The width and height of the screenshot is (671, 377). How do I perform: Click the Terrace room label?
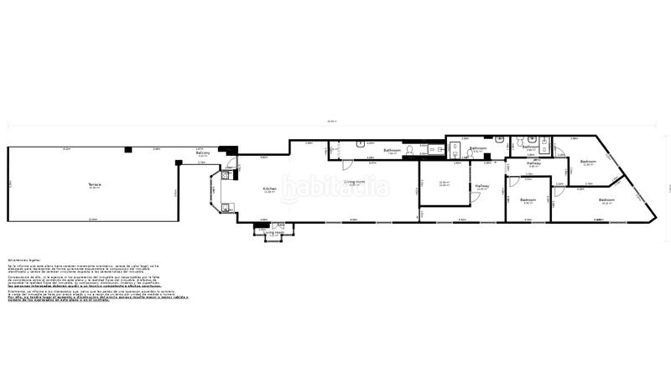[95, 184]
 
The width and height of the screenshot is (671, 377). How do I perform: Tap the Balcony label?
[203, 153]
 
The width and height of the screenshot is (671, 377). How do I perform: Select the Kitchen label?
[269, 188]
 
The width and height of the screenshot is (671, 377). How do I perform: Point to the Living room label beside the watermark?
[355, 182]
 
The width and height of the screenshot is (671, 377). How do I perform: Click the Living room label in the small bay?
[273, 233]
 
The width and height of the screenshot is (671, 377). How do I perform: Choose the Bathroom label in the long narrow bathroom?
[393, 150]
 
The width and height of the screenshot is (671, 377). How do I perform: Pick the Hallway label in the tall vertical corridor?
[481, 186]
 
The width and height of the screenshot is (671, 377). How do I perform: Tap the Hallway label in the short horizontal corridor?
[533, 163]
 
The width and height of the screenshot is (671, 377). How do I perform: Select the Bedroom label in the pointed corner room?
[606, 199]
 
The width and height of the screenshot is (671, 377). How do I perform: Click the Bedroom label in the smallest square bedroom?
[528, 199]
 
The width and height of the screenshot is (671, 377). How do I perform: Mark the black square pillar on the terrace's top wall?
[128, 149]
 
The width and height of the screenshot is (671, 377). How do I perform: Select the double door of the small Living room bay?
[273, 225]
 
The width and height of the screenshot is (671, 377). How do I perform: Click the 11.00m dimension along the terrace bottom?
[92, 219]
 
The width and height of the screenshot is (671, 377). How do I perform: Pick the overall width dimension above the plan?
[331, 122]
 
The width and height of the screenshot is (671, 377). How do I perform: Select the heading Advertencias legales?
[25, 261]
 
